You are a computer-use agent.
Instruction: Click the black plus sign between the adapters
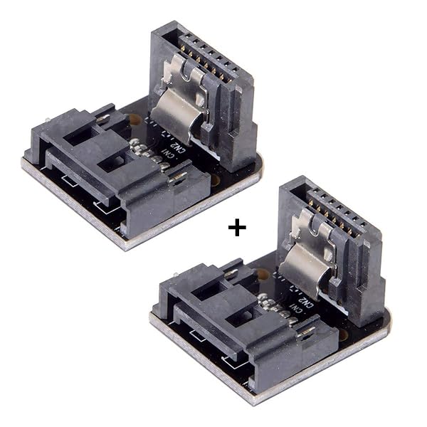[x=236, y=228]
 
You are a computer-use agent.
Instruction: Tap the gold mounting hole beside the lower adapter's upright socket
[x=263, y=273]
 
